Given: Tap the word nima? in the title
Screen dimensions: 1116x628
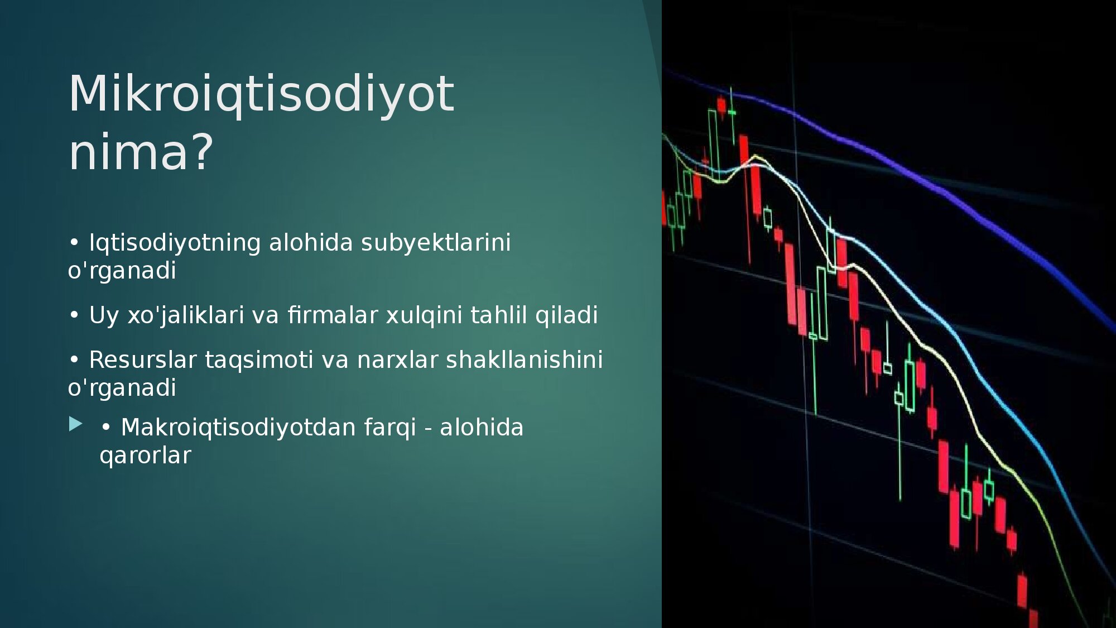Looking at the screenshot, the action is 141,152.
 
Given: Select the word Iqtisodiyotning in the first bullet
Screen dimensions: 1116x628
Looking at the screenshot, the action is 175,243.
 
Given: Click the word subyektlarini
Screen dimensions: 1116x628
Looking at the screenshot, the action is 436,243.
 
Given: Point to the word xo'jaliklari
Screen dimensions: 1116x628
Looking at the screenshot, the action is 186,316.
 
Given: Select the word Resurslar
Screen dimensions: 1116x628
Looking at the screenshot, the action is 143,360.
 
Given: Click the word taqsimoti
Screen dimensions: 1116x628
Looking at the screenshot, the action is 259,361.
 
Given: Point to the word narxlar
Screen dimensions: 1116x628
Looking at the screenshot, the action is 397,361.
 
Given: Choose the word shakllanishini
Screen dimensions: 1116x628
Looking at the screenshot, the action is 524,360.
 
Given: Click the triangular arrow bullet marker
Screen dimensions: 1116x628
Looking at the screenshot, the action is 75,424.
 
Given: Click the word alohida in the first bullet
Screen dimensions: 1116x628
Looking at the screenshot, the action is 311,243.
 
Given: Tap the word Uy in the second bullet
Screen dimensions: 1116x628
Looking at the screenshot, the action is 104,316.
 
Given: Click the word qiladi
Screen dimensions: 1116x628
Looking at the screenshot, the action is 566,316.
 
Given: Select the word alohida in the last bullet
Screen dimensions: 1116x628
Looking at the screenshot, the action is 482,428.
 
